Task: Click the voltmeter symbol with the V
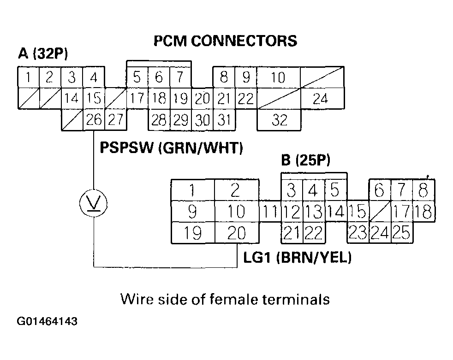point(94,203)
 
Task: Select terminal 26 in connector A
point(94,120)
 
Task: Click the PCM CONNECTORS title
point(225,41)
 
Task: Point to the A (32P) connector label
point(43,54)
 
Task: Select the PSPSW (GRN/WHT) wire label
point(171,148)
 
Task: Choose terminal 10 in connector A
point(278,77)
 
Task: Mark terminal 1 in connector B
point(192,190)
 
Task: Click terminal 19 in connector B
point(192,234)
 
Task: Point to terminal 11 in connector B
point(270,212)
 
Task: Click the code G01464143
point(47,321)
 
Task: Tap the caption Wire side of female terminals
point(225,300)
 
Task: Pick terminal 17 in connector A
point(137,99)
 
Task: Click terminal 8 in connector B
point(424,190)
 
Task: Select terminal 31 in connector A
point(224,120)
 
